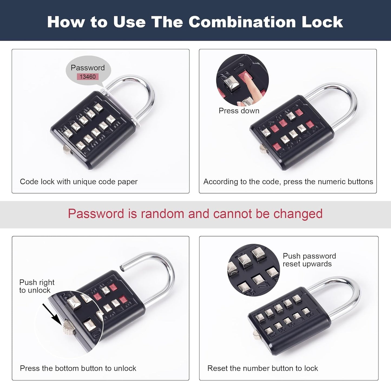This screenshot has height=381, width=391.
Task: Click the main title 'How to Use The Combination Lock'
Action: (195, 22)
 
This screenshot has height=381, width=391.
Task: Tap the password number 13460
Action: (87, 77)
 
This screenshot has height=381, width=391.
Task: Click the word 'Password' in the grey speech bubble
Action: (87, 68)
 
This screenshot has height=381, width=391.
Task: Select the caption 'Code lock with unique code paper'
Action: (79, 181)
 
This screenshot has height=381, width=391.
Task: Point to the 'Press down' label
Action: (239, 111)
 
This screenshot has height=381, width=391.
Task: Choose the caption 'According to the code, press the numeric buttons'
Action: (288, 181)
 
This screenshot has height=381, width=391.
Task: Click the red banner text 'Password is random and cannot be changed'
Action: (195, 214)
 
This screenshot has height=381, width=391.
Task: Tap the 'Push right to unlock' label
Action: (37, 286)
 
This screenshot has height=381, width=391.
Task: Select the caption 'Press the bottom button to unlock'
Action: (78, 368)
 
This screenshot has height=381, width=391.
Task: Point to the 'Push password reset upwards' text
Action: (309, 260)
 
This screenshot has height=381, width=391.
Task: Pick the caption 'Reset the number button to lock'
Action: (262, 368)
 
